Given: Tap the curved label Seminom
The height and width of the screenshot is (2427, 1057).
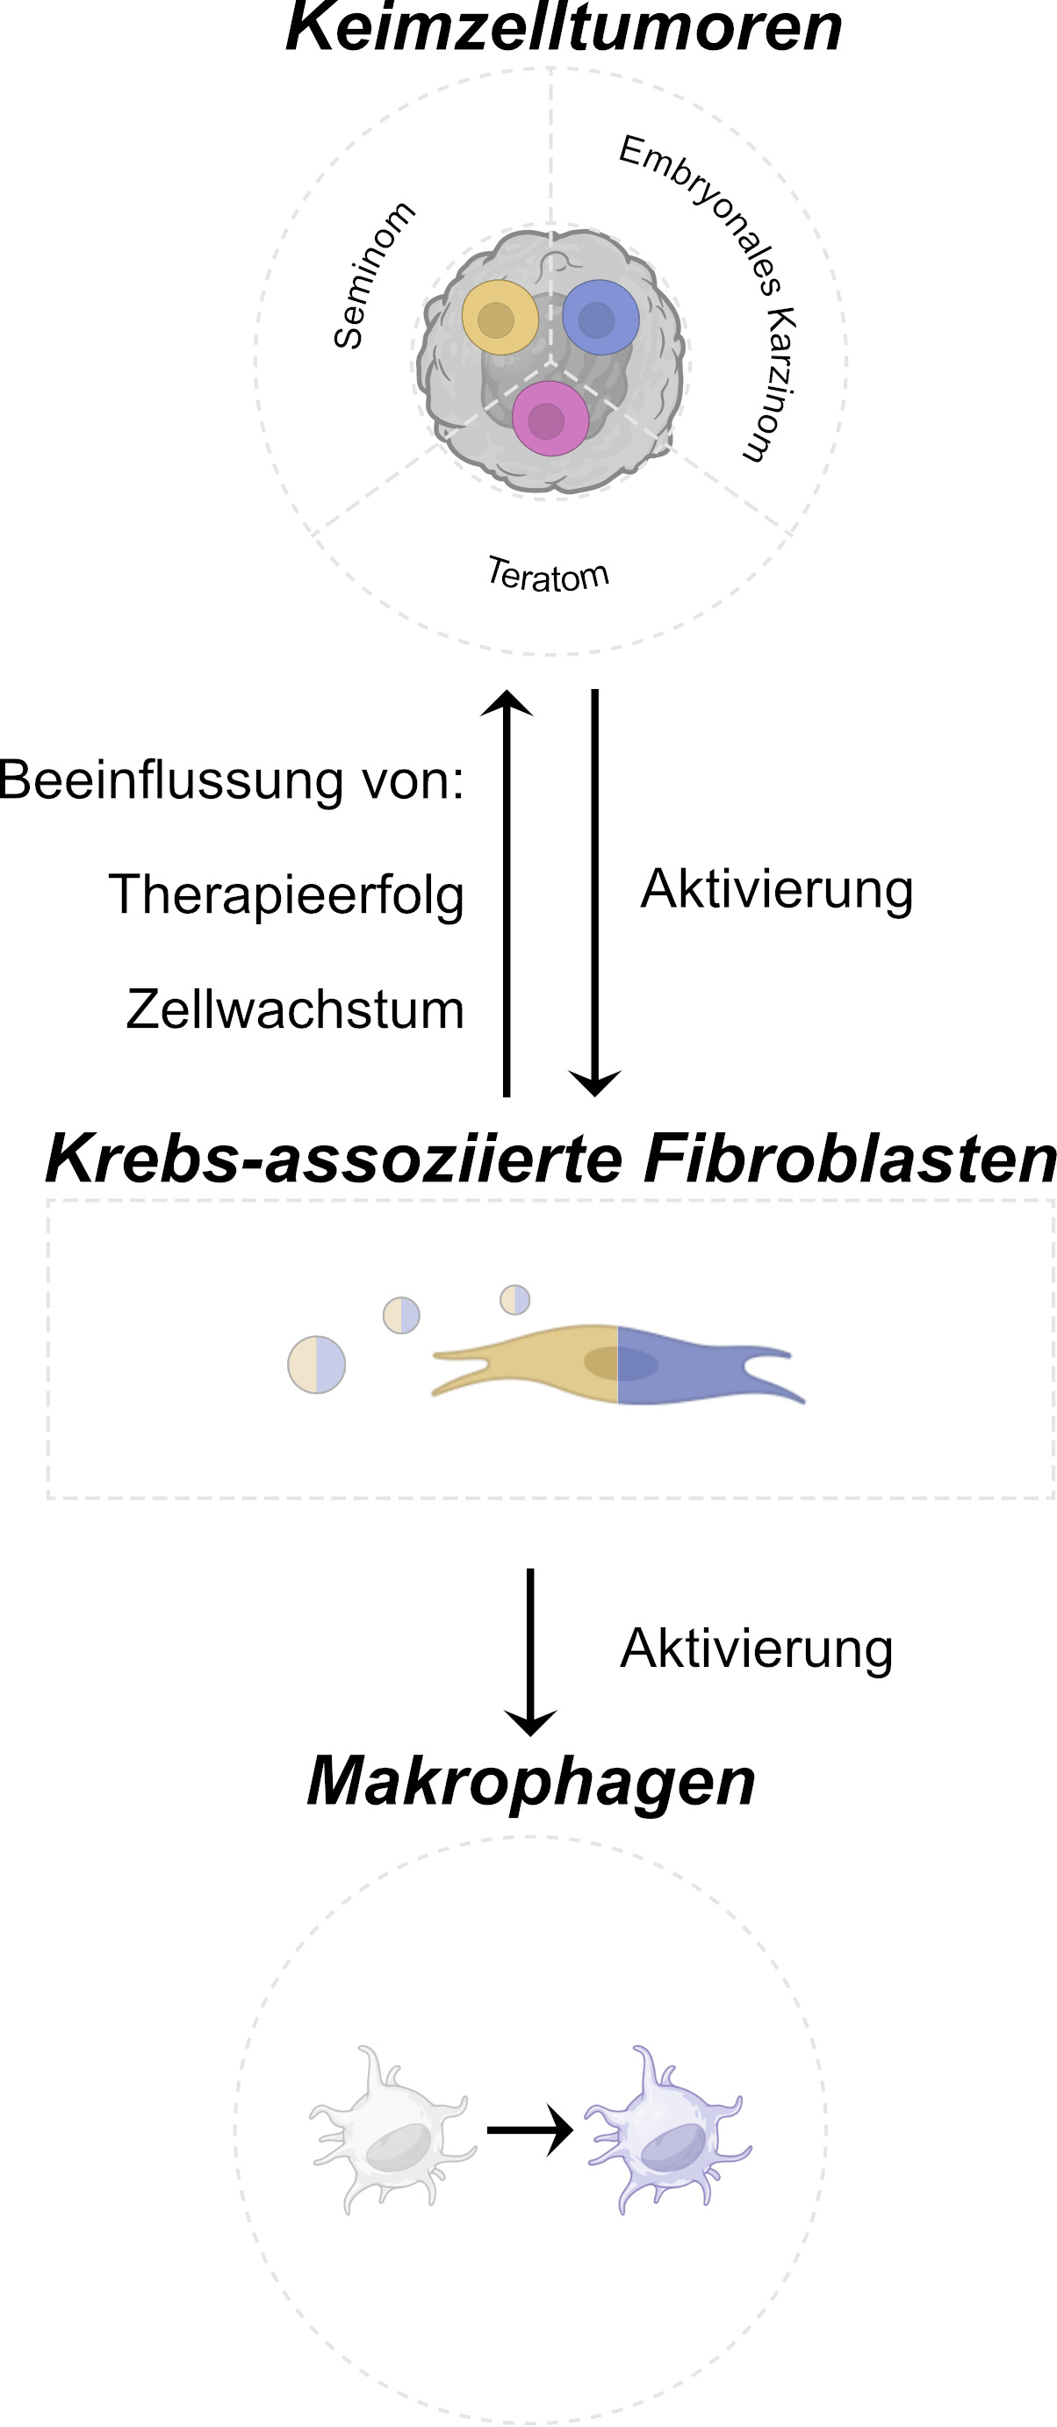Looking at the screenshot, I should [373, 275].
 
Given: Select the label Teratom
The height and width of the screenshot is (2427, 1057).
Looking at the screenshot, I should [549, 575].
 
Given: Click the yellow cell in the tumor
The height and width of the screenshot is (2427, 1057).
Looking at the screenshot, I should [500, 318].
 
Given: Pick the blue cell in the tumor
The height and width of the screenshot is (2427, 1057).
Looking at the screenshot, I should [600, 318].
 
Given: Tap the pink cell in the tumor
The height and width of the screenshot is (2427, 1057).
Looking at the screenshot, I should [550, 419].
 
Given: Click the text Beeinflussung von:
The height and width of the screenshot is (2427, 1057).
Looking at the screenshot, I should [232, 781].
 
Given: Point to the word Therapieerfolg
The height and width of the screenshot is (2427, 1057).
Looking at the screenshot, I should [286, 894].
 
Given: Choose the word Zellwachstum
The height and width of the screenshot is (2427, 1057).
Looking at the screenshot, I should [295, 1009].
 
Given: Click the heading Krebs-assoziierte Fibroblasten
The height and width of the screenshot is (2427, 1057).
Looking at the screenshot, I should [551, 1157].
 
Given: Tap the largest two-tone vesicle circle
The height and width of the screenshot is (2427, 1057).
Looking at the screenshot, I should [317, 1364].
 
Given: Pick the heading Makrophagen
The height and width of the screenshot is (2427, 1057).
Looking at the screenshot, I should [531, 1780].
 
